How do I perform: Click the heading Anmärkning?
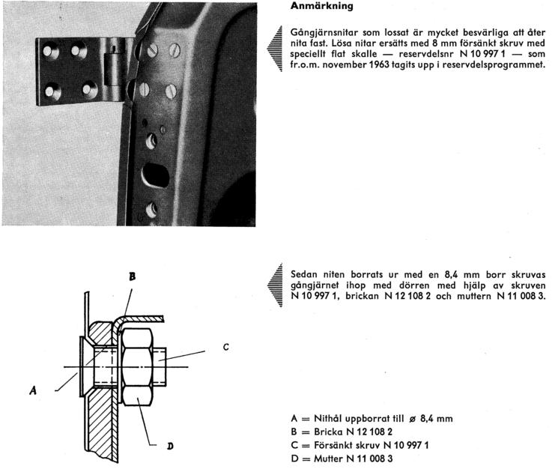point(322,7)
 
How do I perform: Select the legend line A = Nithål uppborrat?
point(371,418)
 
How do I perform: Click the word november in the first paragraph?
point(351,64)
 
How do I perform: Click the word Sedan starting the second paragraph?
point(304,273)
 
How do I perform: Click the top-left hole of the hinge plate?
point(50,51)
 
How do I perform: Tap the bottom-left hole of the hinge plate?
point(52,91)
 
